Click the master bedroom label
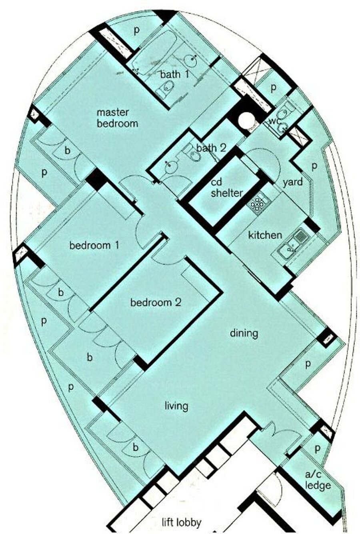click(118, 118)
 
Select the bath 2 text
click(211, 148)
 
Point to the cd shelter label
click(226, 188)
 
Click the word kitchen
click(265, 235)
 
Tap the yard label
click(292, 182)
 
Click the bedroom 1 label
click(94, 246)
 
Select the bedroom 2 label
click(156, 302)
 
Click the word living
click(176, 406)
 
